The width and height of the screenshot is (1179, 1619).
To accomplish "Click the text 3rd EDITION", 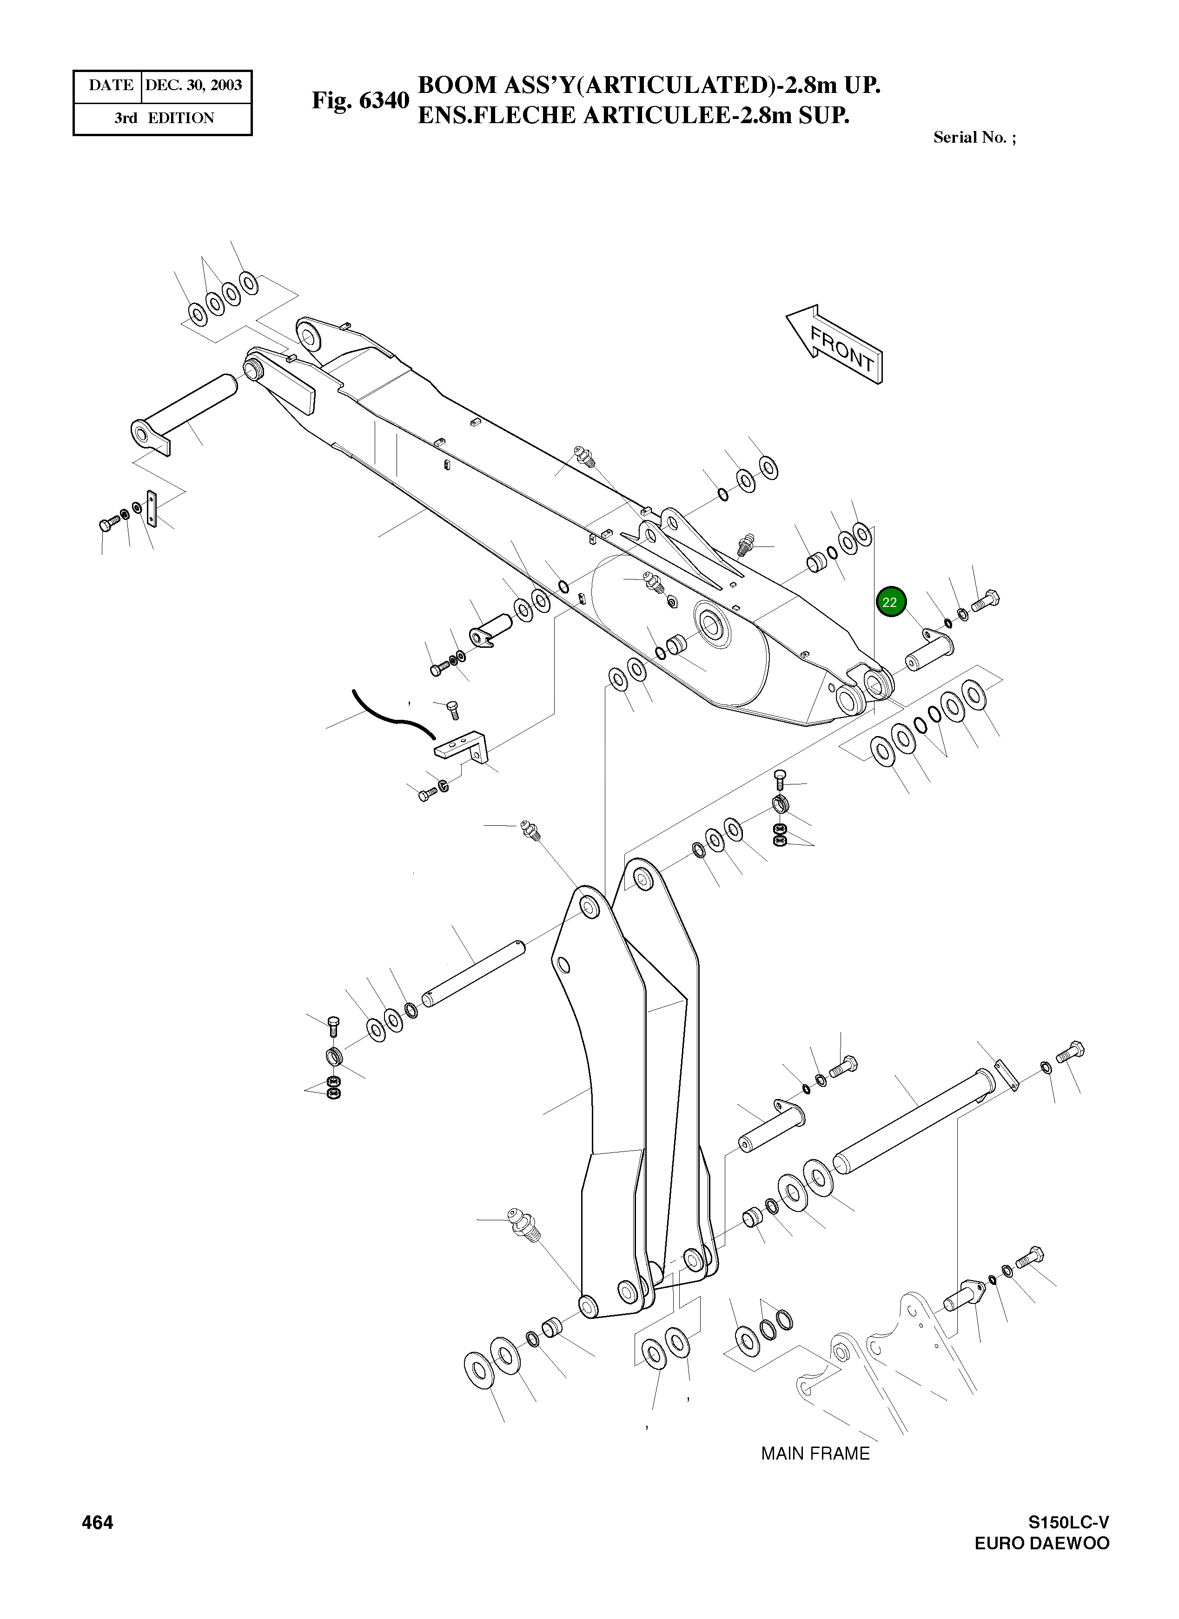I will tap(164, 118).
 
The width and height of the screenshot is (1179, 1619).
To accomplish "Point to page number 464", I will tap(97, 1523).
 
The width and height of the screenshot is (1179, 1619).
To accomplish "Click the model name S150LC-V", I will tap(1068, 1523).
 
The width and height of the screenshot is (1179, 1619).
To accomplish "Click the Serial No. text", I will tap(974, 138).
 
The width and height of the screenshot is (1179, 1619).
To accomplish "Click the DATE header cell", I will tap(110, 86).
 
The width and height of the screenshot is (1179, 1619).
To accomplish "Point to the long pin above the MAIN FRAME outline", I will tap(914, 1122).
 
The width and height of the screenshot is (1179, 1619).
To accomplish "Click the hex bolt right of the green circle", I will tap(986, 602).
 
